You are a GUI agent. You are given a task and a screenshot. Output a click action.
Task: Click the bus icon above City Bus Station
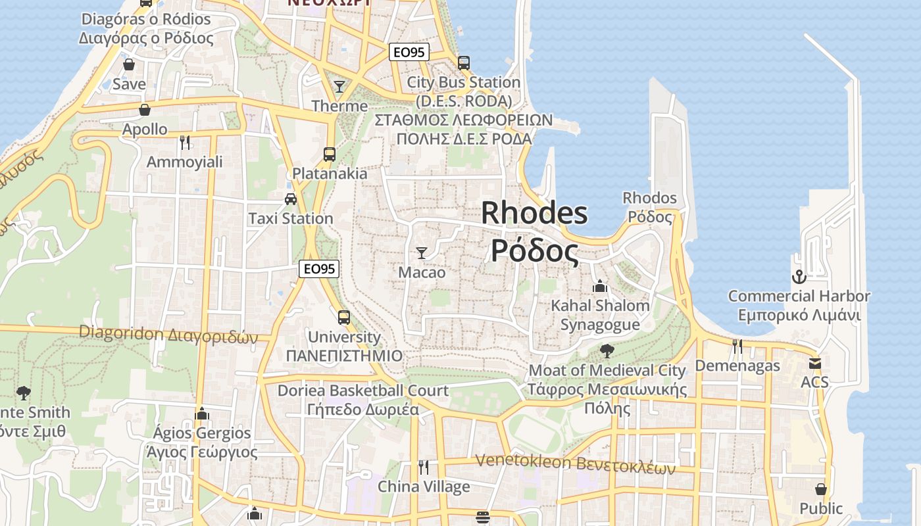[x=464, y=63]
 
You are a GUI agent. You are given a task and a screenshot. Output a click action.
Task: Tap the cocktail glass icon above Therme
[x=339, y=86]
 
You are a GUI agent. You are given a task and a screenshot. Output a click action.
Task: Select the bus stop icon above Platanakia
[x=330, y=155]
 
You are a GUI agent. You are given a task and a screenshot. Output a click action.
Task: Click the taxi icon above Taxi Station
[x=290, y=199]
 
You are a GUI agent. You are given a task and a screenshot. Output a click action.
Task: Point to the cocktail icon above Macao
[x=422, y=253]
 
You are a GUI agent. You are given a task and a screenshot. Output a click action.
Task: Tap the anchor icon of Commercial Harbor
[x=799, y=277]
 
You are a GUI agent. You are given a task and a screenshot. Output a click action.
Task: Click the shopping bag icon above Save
[x=129, y=64]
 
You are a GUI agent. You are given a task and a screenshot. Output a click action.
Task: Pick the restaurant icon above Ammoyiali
[x=185, y=142]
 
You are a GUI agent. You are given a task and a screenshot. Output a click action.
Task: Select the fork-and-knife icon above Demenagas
[x=737, y=346]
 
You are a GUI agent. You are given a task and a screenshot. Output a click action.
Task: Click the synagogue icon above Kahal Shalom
[x=599, y=286]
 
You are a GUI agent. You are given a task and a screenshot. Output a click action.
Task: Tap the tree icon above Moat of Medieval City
[x=607, y=350]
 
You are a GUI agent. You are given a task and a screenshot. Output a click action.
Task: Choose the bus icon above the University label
[x=343, y=318]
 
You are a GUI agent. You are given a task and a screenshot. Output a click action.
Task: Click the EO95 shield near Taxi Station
[x=319, y=268]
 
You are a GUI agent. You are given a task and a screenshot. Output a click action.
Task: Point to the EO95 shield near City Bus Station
[x=409, y=53]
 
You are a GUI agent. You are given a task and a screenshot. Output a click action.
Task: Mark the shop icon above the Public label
[x=821, y=489]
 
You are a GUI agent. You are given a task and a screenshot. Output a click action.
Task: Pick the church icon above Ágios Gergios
[x=202, y=414]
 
